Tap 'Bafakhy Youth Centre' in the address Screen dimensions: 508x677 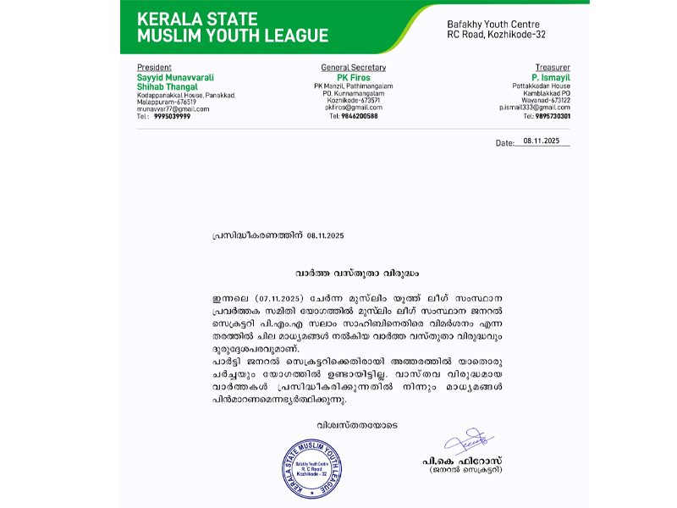[x=493, y=24]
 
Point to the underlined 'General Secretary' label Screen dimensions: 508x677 [x=353, y=67]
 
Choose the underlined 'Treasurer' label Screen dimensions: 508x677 [x=552, y=67]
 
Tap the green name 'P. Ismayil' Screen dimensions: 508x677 [x=553, y=76]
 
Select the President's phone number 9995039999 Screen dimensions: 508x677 [x=172, y=116]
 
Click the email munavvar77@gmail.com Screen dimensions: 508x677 [x=173, y=108]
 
